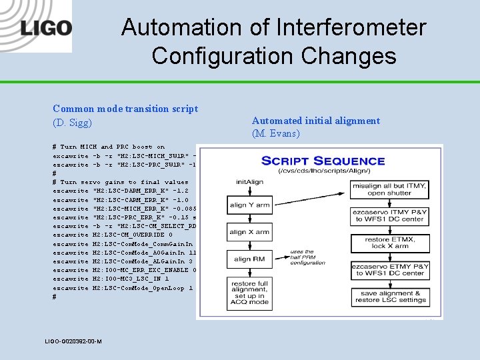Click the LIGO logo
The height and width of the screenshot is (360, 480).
click(x=46, y=29)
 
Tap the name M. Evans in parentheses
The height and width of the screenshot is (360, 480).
click(x=276, y=133)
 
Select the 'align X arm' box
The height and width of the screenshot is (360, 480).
click(x=248, y=232)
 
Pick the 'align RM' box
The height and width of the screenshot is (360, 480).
click(x=248, y=259)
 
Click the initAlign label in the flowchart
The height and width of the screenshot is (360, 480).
click(x=248, y=181)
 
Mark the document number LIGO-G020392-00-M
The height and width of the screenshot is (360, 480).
click(x=73, y=341)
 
